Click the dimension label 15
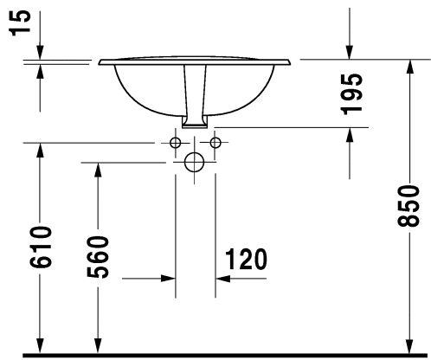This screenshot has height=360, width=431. [x=21, y=22]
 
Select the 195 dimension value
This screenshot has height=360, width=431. [x=351, y=94]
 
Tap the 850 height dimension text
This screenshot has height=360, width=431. [x=408, y=206]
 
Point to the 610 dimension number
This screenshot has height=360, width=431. [x=41, y=247]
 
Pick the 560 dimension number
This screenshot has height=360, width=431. [x=98, y=257]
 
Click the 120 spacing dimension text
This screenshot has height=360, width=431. [x=246, y=260]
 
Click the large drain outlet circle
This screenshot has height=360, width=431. [x=194, y=162]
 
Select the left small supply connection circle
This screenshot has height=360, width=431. [x=176, y=143]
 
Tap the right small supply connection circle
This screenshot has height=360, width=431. [x=215, y=143]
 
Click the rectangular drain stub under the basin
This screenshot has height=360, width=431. [x=195, y=122]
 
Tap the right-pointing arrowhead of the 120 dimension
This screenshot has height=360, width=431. [x=169, y=279]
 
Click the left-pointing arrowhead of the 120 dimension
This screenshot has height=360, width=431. [x=222, y=279]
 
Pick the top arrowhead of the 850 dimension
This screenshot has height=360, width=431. [x=409, y=67]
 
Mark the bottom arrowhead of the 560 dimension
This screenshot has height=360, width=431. [x=98, y=345]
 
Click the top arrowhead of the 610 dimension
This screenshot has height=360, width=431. [x=40, y=151]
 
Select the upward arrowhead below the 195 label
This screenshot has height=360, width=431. [x=350, y=135]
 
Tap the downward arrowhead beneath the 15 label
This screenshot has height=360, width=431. [x=40, y=52]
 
